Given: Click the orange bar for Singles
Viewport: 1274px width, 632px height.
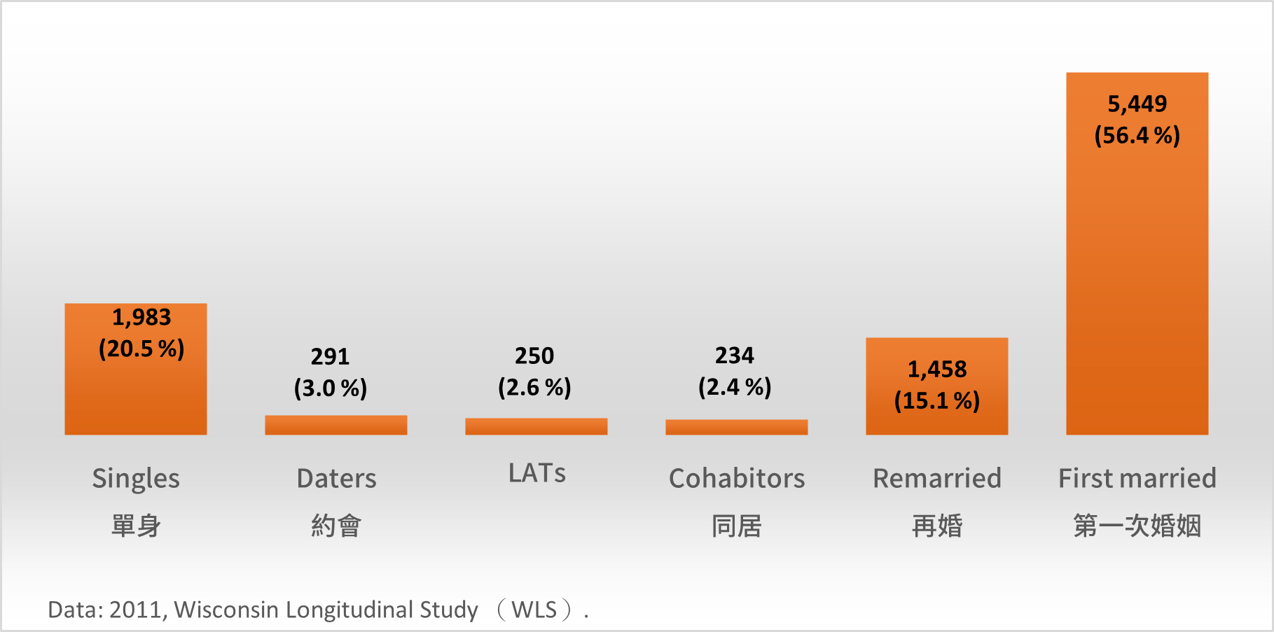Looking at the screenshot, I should (x=135, y=392).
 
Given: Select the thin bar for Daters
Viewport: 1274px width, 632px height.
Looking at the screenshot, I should (x=335, y=425).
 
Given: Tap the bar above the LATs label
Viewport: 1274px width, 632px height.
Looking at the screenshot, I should (x=536, y=426).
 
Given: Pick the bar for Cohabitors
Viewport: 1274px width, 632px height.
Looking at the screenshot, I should (x=736, y=427).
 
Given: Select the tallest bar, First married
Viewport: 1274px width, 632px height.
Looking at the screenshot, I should (x=1137, y=280).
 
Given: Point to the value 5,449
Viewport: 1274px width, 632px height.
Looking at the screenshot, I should (x=1137, y=104).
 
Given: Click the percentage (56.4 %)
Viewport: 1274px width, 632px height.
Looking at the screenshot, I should (x=1137, y=135).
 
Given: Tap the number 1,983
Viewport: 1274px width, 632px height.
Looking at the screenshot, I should (x=141, y=318).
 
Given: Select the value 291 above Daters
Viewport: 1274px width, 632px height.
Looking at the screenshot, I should (x=330, y=357).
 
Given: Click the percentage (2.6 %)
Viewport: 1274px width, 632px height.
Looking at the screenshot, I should (x=534, y=387).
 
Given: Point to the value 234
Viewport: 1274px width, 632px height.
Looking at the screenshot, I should (x=734, y=356).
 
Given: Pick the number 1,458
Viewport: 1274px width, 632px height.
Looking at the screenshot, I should (x=936, y=370).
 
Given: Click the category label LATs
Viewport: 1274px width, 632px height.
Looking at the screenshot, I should (x=536, y=474).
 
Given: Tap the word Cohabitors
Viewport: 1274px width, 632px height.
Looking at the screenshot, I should (x=737, y=479).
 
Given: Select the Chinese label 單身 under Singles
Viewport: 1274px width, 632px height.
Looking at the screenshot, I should (x=136, y=526).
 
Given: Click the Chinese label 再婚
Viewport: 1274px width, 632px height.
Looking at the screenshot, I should (x=936, y=526).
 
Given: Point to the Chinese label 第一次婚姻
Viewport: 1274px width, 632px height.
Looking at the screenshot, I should (x=1137, y=526).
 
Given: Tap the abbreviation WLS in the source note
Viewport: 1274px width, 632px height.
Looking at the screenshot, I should (x=534, y=610).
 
